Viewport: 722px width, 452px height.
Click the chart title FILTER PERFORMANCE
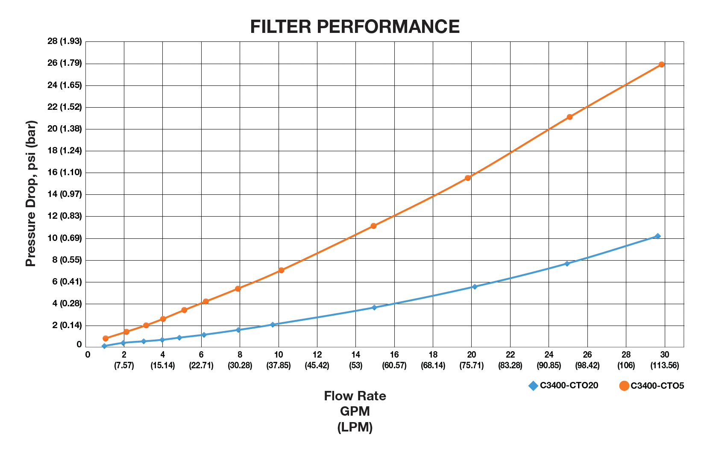(x=355, y=26)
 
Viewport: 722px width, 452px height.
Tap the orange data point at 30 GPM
(x=661, y=65)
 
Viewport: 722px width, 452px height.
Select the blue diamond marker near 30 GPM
(x=657, y=236)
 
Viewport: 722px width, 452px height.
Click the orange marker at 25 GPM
(x=569, y=117)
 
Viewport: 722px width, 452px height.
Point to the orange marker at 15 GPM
(x=373, y=226)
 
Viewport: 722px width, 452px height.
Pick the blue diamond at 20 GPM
(x=474, y=287)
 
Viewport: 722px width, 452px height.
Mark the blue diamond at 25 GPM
(x=567, y=264)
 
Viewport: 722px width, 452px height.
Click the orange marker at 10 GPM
(x=281, y=270)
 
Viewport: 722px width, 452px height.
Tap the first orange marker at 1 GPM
(x=106, y=338)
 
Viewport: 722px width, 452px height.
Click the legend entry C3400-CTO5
(x=652, y=386)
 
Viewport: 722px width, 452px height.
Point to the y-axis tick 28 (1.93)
(x=65, y=41)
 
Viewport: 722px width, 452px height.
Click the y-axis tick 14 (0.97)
(x=65, y=194)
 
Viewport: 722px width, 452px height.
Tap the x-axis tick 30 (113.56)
(x=664, y=360)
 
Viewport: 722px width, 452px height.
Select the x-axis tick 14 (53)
(x=356, y=360)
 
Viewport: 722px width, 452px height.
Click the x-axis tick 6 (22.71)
(x=201, y=360)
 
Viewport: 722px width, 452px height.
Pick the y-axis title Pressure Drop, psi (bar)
(x=31, y=194)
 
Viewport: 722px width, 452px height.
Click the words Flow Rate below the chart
(x=355, y=396)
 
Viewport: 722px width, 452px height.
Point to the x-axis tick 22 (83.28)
(x=510, y=360)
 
